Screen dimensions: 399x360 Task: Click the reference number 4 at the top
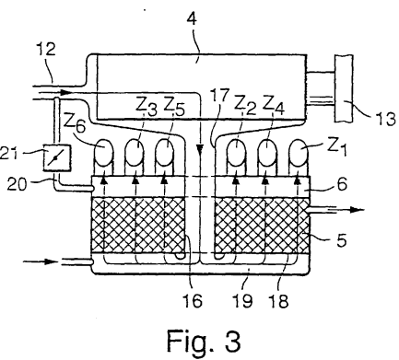click(192, 19)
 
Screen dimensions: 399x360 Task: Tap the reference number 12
click(46, 49)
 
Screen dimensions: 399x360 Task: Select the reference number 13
click(385, 119)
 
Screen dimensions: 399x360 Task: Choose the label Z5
click(174, 106)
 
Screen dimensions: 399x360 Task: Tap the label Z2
click(245, 106)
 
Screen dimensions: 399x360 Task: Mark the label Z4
click(274, 106)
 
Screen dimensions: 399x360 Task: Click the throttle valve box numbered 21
click(57, 157)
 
